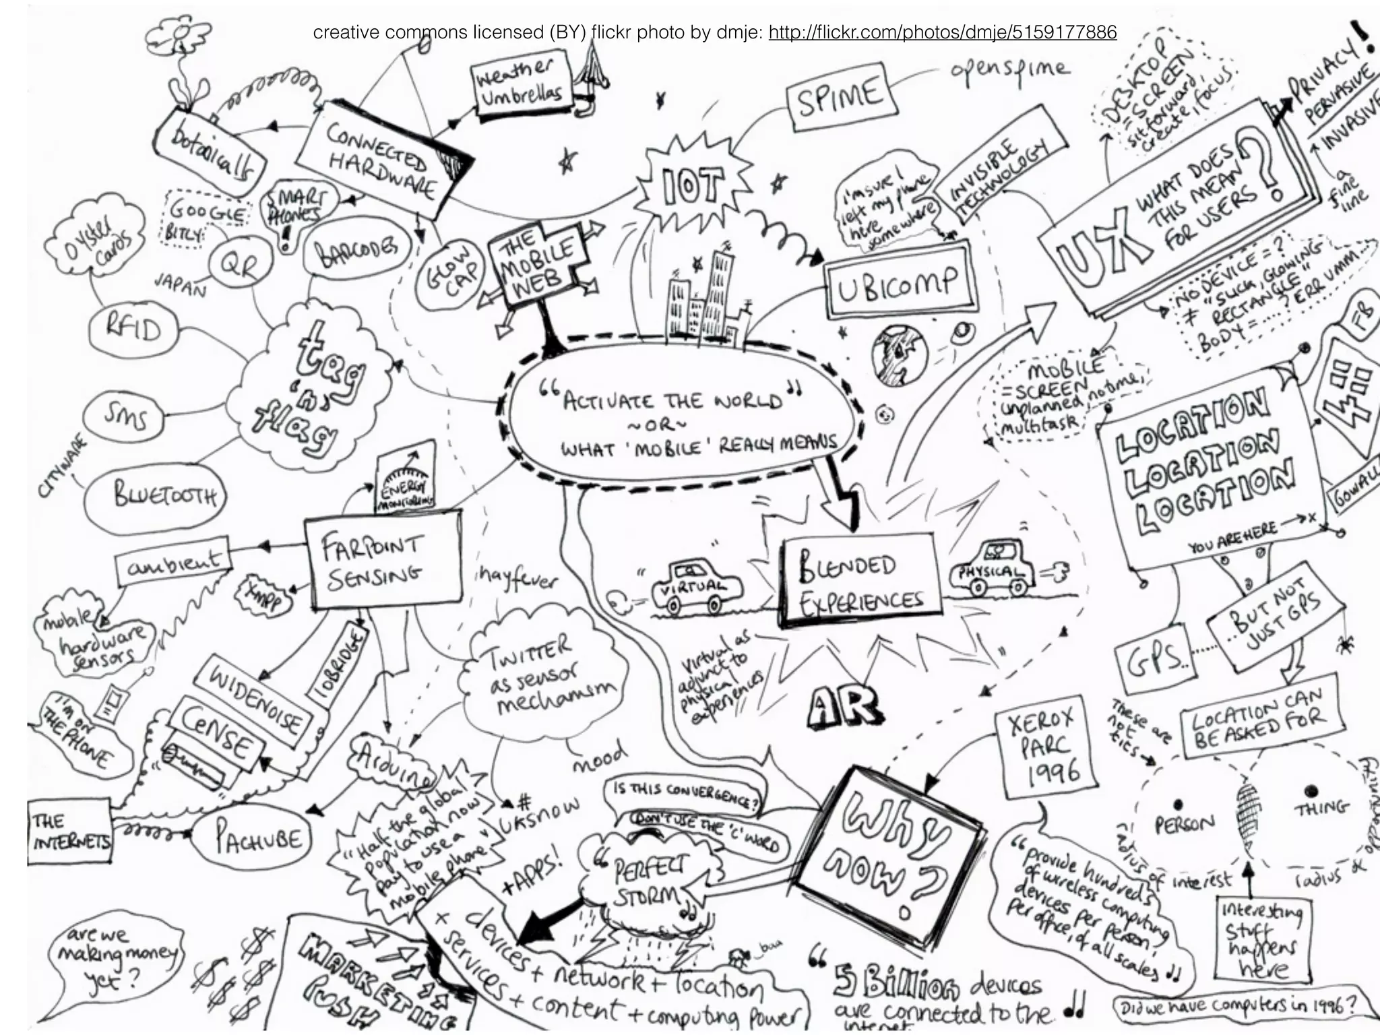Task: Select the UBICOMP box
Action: point(899,285)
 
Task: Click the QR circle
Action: point(240,267)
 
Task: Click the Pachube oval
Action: point(257,840)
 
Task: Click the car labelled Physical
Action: point(992,570)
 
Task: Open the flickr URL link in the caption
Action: point(942,32)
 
